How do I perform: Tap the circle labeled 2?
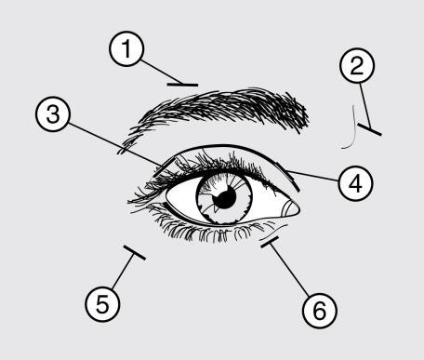tap(360, 65)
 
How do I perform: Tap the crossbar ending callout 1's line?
tap(182, 84)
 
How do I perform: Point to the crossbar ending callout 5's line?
tap(134, 252)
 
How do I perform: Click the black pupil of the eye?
tap(223, 200)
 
